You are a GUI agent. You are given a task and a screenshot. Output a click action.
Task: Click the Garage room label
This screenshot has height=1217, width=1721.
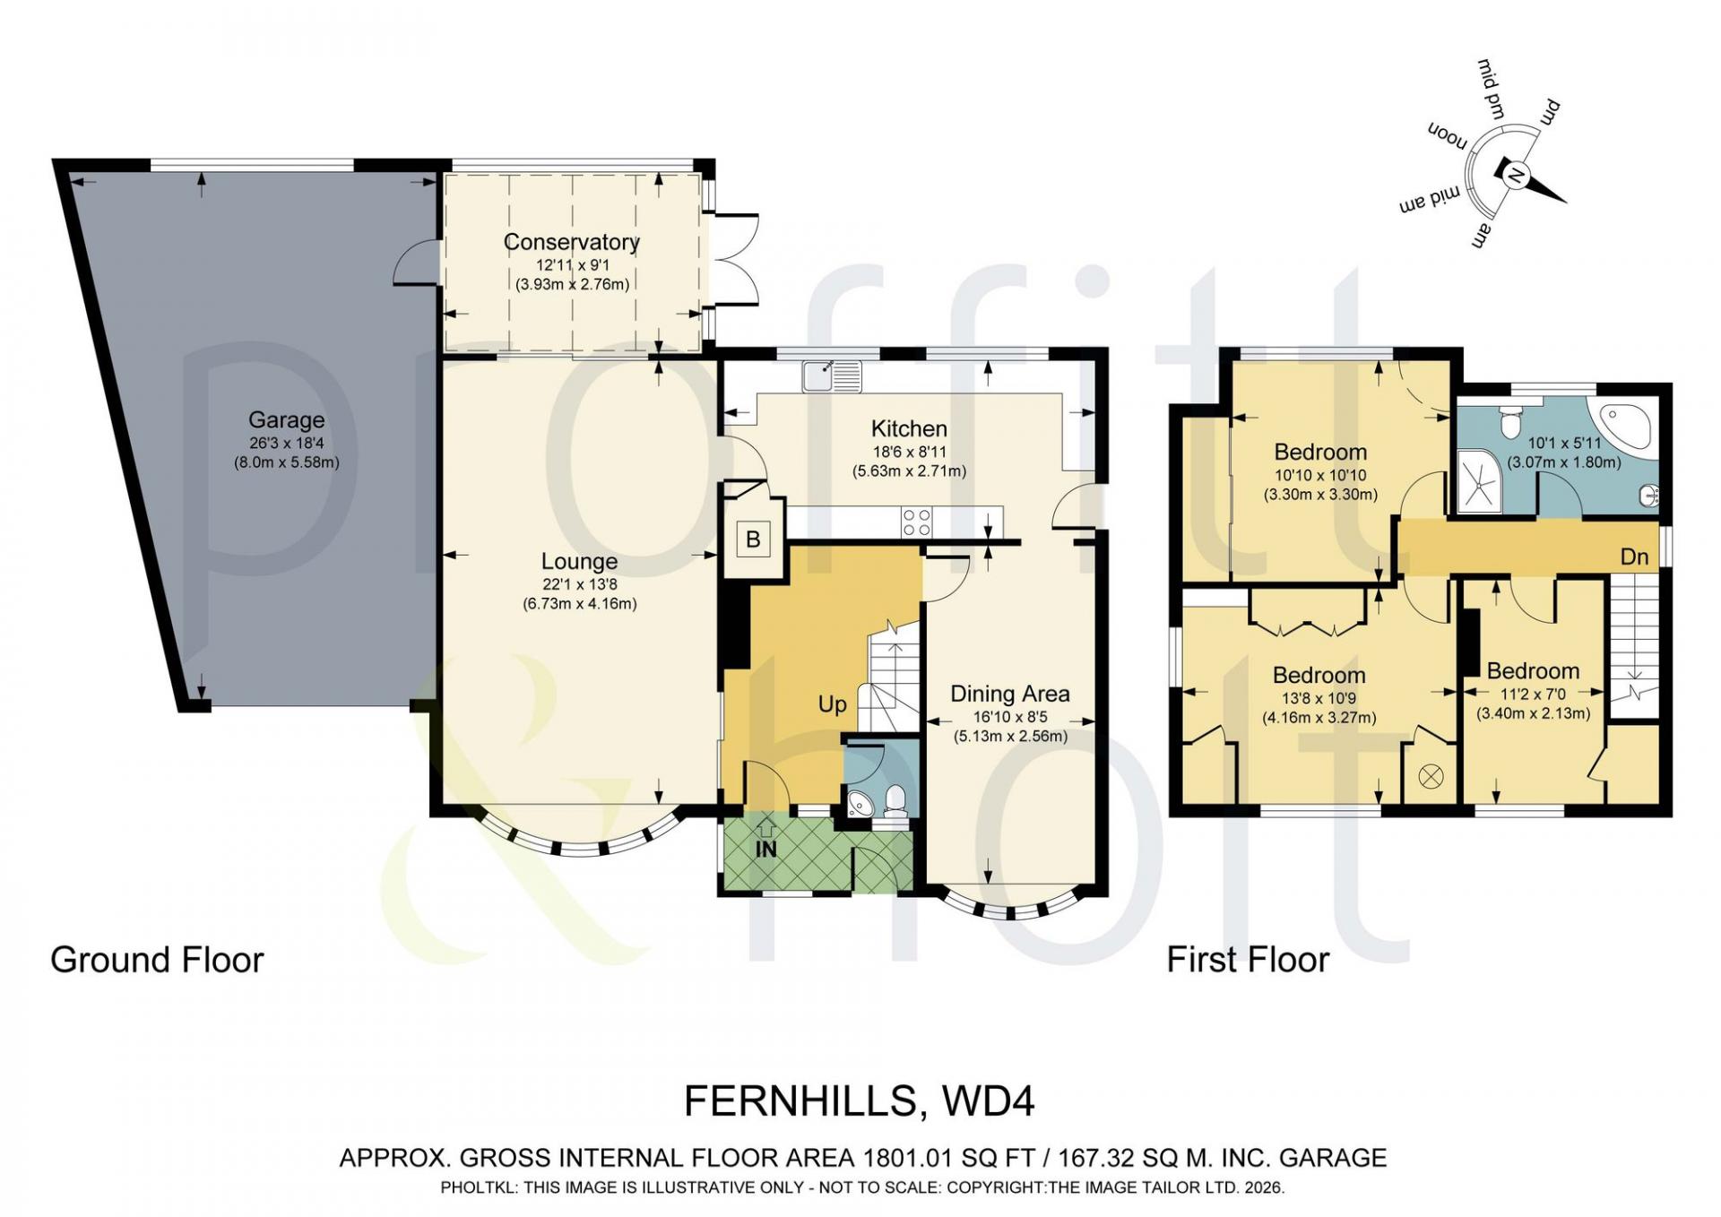(x=287, y=419)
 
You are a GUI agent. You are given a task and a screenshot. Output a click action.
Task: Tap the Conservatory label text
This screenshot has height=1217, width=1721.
(x=572, y=242)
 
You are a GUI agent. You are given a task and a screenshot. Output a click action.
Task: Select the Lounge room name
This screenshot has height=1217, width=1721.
(x=579, y=562)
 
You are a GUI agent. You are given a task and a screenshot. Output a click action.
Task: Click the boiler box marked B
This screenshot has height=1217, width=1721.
(x=754, y=539)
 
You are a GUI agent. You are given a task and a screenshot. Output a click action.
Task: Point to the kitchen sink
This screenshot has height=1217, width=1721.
(x=832, y=376)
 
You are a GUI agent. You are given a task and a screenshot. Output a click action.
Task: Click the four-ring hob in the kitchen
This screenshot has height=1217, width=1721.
(x=917, y=522)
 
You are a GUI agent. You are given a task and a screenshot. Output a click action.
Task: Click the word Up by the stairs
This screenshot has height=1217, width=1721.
(x=833, y=704)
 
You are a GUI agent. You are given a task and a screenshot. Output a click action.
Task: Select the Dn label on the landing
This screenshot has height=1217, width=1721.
(x=1635, y=557)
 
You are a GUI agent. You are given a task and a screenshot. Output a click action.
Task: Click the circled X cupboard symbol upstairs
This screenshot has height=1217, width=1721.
(x=1431, y=777)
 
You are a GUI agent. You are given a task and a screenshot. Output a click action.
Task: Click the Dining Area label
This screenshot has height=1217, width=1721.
(x=1010, y=695)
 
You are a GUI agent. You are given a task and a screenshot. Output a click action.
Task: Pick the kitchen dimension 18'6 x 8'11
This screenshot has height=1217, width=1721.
(x=909, y=453)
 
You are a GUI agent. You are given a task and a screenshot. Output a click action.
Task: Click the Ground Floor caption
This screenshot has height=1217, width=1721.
(x=158, y=960)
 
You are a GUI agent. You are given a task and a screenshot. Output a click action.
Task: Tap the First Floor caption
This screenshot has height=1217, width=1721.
(x=1248, y=960)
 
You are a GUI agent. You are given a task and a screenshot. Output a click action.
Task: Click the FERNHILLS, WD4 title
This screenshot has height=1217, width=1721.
(x=860, y=1101)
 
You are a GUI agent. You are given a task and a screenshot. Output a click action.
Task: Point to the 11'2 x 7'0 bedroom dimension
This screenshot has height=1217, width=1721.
(x=1534, y=694)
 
